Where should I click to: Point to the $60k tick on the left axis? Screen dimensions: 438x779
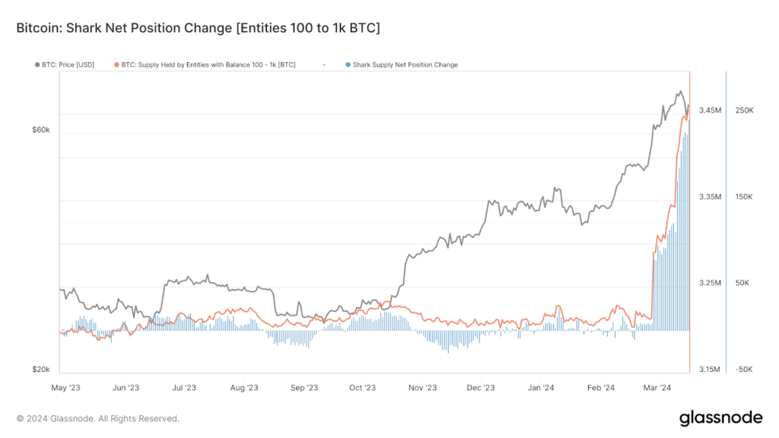coord(40,130)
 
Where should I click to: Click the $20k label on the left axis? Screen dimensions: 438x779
coord(40,370)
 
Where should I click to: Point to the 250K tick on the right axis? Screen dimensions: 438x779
coord(744,111)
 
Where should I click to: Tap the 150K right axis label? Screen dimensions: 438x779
coord(744,197)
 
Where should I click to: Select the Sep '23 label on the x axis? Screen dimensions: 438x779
coord(304,388)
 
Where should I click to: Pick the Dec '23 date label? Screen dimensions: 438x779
coord(481,388)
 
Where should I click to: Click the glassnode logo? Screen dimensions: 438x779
coord(720,417)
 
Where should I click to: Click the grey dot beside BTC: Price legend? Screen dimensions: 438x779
coord(38,65)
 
